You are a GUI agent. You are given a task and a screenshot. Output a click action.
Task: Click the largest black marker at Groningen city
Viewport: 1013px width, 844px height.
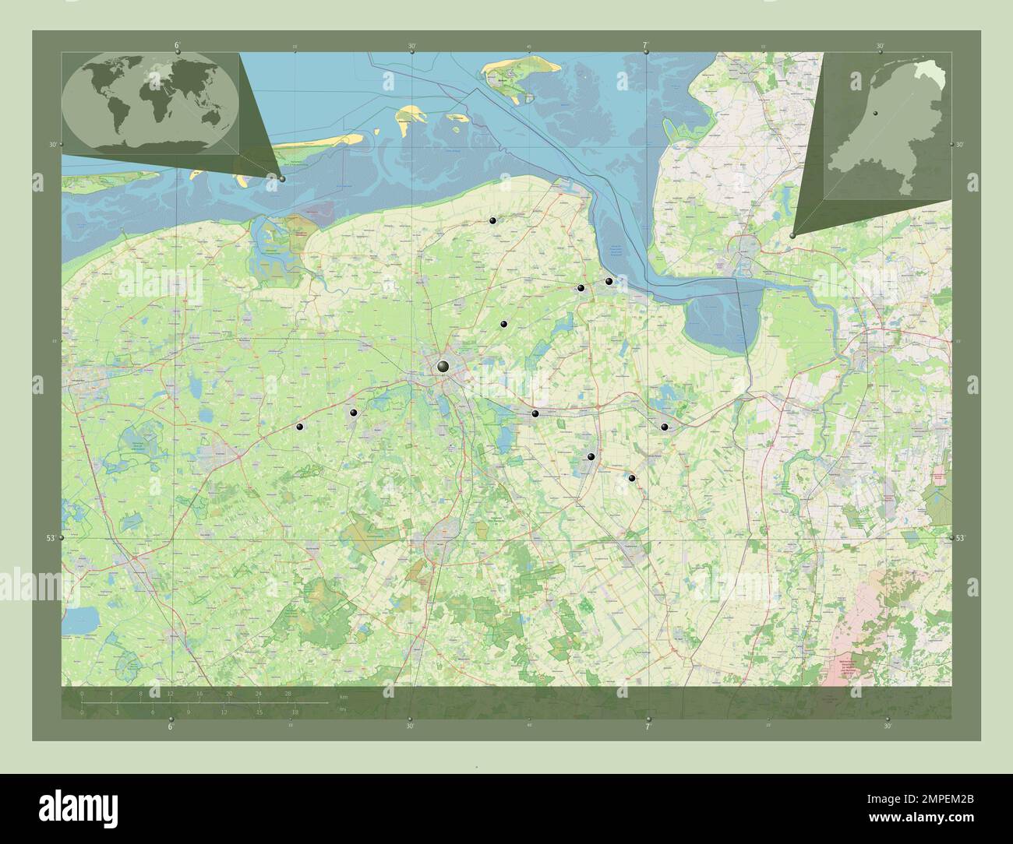(x=443, y=366)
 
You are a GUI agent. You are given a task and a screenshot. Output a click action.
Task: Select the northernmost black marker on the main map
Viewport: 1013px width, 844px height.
(x=492, y=221)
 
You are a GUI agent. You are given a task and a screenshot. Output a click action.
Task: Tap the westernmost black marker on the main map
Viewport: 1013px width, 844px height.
(x=298, y=426)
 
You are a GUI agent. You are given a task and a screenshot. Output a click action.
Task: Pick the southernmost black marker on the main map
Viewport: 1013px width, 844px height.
(x=632, y=478)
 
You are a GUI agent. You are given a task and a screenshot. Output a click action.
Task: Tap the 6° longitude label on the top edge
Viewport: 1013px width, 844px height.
(x=178, y=45)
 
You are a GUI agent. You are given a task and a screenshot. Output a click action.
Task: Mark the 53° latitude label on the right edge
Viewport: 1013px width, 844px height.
(x=960, y=538)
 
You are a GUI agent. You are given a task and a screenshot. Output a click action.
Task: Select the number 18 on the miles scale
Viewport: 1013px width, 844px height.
(x=295, y=712)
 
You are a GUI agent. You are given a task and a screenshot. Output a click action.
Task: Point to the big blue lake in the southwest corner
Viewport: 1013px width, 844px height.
(x=83, y=620)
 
